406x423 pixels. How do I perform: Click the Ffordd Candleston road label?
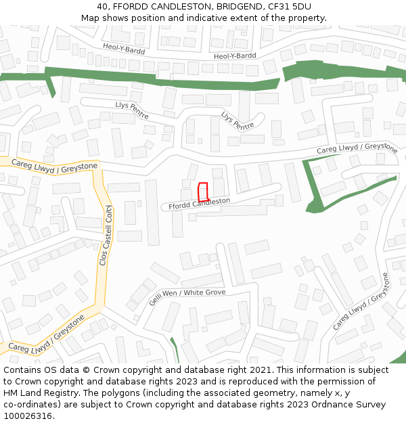(196, 203)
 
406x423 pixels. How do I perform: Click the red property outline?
(202, 191)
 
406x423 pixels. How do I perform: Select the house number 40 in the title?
(112, 7)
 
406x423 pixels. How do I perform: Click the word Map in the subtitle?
(90, 18)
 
